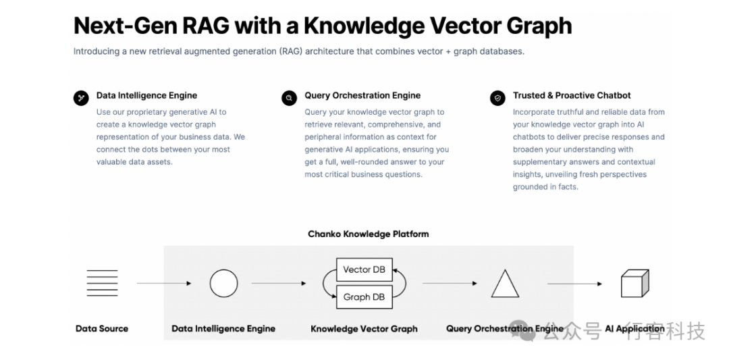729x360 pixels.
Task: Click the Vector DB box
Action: [364, 269]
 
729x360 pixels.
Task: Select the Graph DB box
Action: [364, 297]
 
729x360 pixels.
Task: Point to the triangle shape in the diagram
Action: [505, 283]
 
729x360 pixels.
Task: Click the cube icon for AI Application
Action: [634, 283]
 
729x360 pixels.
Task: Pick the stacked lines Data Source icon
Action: [103, 283]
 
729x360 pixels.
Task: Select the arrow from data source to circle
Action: [163, 283]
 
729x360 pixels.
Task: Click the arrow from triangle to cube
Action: [574, 284]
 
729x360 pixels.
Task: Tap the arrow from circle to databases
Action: [279, 283]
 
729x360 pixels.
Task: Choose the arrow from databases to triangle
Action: [450, 283]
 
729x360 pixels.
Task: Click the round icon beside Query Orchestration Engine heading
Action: [289, 98]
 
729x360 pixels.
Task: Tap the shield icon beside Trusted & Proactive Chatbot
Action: [497, 98]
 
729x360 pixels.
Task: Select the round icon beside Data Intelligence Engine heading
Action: [81, 98]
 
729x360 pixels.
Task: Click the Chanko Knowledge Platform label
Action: [369, 234]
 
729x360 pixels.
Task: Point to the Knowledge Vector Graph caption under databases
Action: [364, 329]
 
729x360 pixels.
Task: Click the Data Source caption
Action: [102, 329]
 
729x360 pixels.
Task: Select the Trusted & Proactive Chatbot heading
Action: [572, 95]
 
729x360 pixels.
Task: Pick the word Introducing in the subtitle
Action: [96, 51]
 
